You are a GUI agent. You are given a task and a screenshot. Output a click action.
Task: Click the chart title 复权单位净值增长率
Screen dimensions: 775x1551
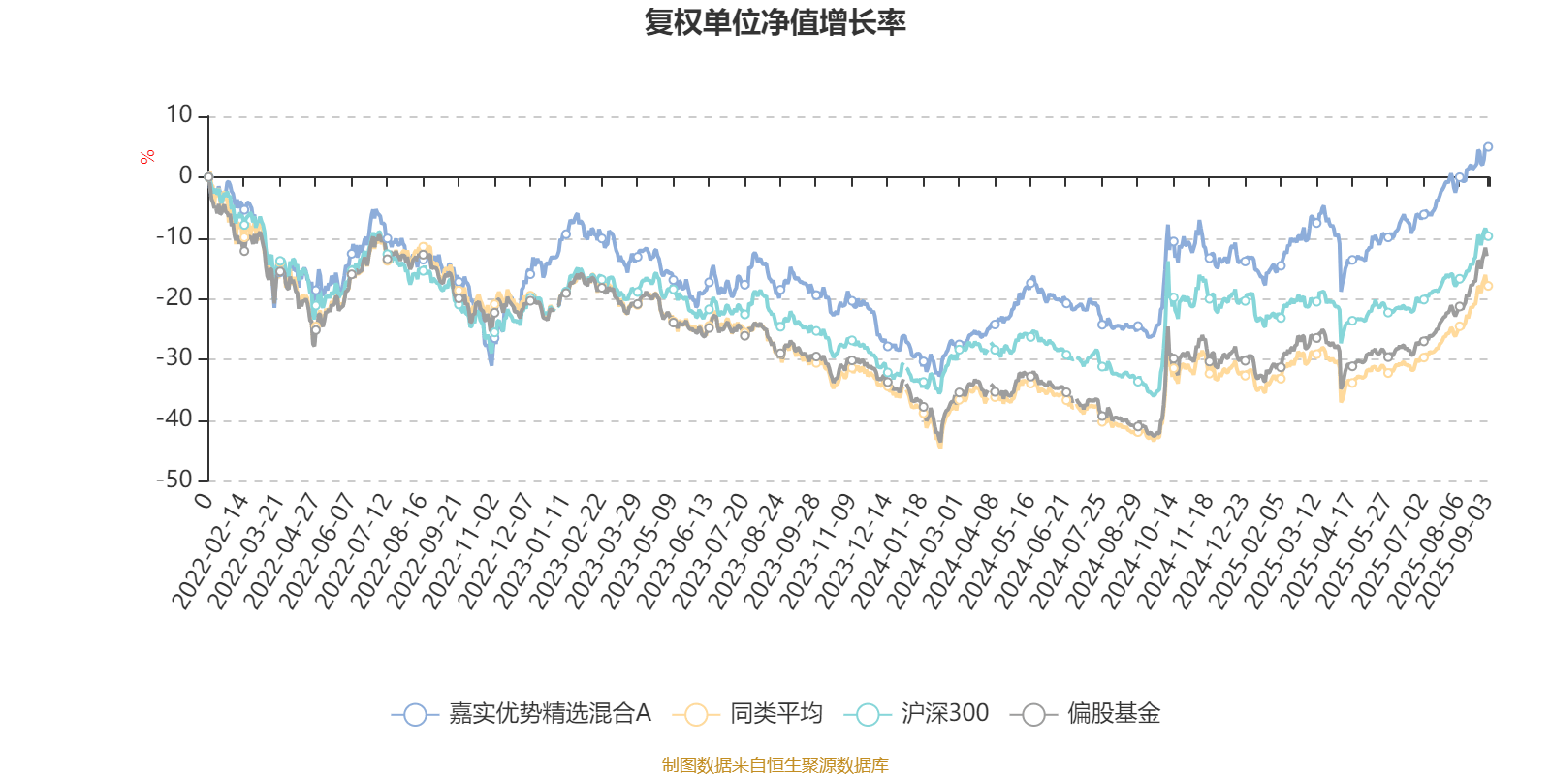coord(775,22)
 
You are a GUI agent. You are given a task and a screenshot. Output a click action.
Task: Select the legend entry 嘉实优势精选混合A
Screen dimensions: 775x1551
coord(522,714)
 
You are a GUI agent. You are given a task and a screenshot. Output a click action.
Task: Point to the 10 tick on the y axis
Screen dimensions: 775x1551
coord(179,115)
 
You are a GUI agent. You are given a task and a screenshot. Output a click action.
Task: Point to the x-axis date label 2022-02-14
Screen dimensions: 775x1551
coord(210,552)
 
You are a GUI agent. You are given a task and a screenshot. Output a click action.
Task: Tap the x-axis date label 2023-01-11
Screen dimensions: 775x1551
coord(532,552)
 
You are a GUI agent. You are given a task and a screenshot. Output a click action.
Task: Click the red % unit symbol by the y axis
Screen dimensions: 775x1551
coord(147,157)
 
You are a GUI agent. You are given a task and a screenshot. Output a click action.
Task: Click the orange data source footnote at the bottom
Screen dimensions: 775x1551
coord(775,765)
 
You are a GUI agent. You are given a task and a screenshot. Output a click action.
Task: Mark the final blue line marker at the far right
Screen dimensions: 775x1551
coord(1488,146)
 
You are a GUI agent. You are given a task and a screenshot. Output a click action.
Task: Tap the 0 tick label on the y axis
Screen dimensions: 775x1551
coord(185,176)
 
